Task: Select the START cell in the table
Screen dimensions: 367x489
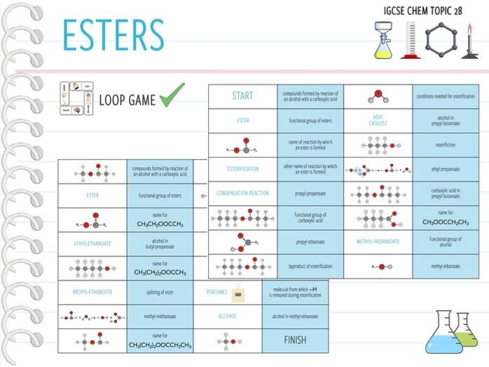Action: pos(242,96)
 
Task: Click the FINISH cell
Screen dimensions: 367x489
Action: pos(295,340)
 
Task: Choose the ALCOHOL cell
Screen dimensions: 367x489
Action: pos(228,316)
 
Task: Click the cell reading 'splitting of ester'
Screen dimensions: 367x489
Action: pos(160,291)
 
